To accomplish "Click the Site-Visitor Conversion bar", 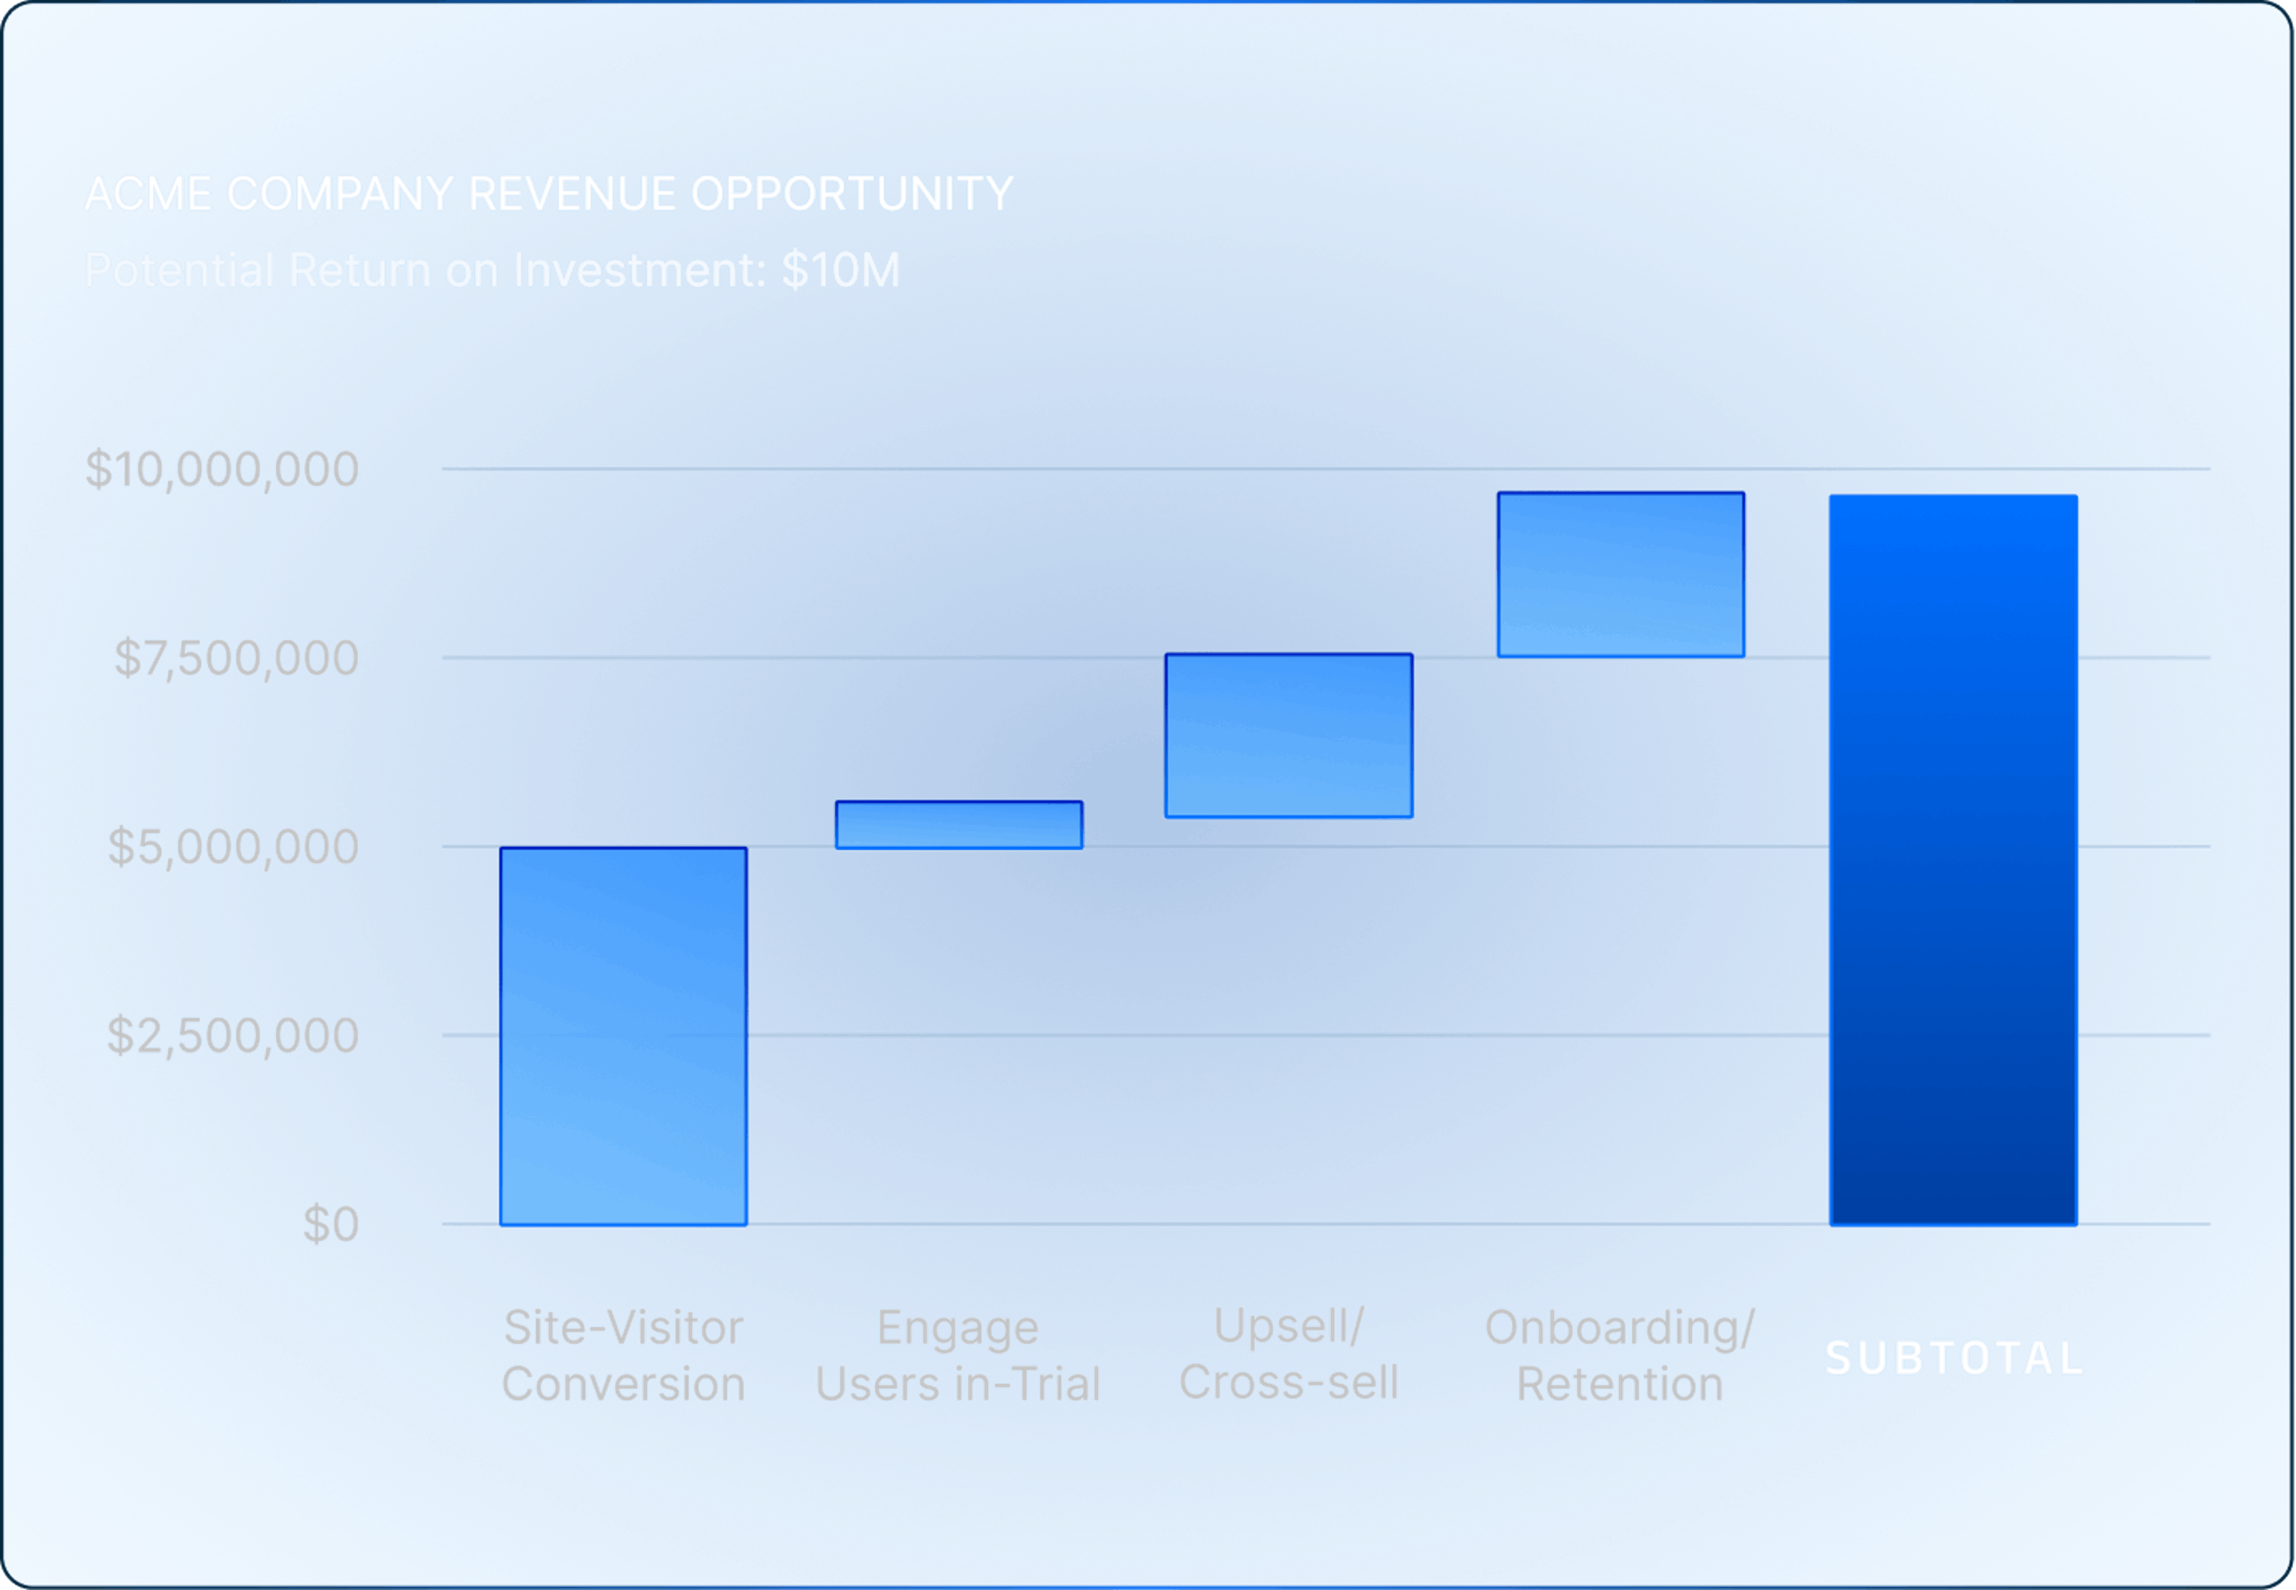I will click(x=623, y=1036).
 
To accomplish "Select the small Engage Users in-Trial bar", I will click(x=958, y=825).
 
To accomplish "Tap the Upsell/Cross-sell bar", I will click(x=1289, y=735).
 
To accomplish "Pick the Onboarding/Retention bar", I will click(x=1620, y=575).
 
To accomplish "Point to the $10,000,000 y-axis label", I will click(x=221, y=469).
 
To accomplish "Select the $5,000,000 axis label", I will click(x=232, y=847).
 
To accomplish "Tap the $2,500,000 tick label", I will click(x=232, y=1036).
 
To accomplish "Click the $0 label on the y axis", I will click(x=330, y=1224).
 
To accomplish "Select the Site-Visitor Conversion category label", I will click(x=623, y=1356).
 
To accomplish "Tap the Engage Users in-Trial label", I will click(x=958, y=1356).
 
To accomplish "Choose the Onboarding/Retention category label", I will click(x=1619, y=1356).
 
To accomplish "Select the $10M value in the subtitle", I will click(x=840, y=270).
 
